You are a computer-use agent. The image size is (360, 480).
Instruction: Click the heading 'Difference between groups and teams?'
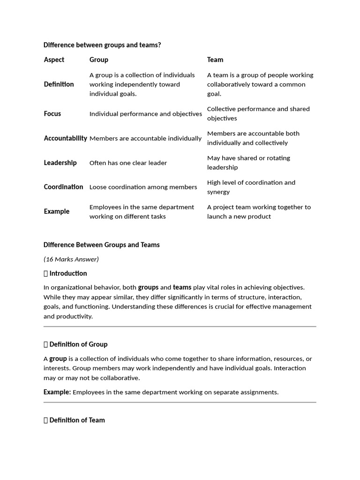[x=102, y=45]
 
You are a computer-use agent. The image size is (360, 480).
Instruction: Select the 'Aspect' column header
[x=54, y=60]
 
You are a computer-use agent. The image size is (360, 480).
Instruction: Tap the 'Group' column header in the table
[x=98, y=60]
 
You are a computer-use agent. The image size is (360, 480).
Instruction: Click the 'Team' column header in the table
[x=215, y=60]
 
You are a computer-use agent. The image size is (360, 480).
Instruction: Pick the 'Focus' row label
[x=52, y=113]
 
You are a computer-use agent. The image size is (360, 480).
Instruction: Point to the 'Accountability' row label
[x=65, y=138]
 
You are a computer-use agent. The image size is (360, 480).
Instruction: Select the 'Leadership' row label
[x=60, y=163]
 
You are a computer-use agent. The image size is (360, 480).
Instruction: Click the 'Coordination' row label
[x=63, y=187]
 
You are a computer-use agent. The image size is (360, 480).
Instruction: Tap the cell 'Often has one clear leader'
[x=128, y=163]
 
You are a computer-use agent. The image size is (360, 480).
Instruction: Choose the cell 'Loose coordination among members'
[x=143, y=187]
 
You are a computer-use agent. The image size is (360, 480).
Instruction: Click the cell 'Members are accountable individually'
[x=145, y=139]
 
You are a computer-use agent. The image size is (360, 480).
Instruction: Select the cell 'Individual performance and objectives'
[x=145, y=114]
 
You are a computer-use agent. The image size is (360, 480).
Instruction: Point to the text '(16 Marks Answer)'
[x=71, y=259]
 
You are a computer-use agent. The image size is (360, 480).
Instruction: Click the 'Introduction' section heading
[x=68, y=273]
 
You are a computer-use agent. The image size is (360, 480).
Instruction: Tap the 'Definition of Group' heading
[x=78, y=344]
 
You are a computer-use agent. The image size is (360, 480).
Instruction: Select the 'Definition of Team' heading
[x=77, y=420]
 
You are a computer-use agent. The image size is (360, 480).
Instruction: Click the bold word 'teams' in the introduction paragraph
[x=182, y=287]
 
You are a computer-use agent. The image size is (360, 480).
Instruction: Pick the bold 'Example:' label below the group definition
[x=57, y=392]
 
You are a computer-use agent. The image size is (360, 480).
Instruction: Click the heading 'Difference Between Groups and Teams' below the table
[x=101, y=245]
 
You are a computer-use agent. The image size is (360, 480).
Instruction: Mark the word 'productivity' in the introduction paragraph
[x=75, y=316]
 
